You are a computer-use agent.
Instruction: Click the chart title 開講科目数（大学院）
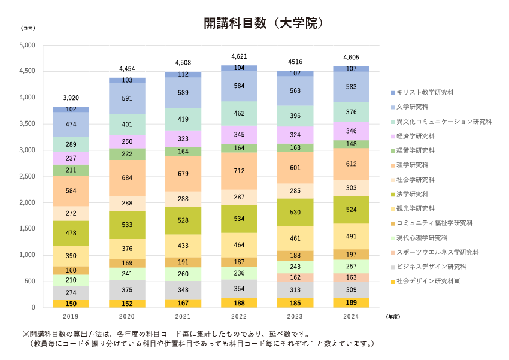point(263,23)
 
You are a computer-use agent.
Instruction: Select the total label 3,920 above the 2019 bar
point(71,98)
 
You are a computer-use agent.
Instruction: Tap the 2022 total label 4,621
point(239,56)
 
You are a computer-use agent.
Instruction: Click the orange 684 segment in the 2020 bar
point(127,178)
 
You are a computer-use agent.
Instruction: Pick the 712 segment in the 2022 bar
point(239,171)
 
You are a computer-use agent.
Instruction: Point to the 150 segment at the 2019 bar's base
point(71,304)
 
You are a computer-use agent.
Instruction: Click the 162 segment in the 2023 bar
point(295,278)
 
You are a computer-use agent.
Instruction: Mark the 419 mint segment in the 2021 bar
point(183,119)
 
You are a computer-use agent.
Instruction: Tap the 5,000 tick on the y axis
point(28,45)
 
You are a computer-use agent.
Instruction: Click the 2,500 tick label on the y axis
point(28,177)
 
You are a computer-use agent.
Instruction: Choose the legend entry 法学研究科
point(413,194)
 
